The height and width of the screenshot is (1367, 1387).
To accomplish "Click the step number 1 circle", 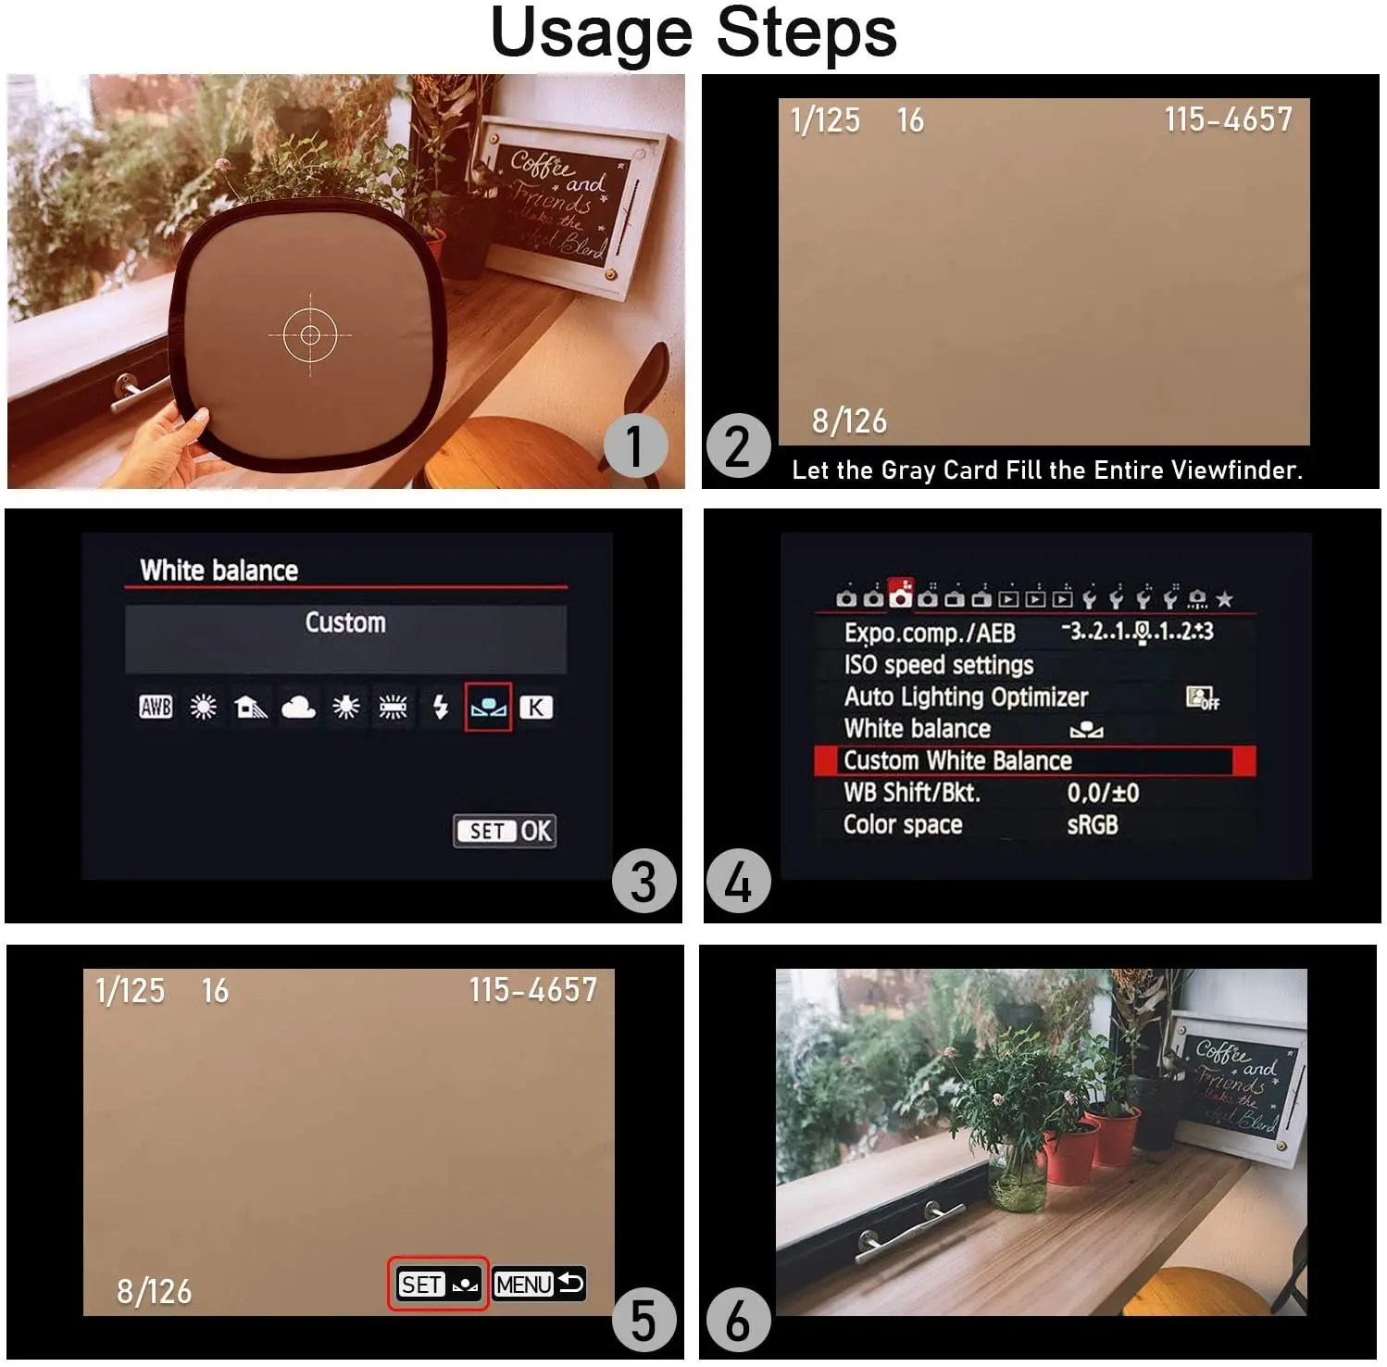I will pyautogui.click(x=635, y=445).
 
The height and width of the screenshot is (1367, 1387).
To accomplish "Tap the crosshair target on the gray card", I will pyautogui.click(x=310, y=334).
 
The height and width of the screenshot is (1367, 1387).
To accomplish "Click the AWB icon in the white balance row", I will pyautogui.click(x=156, y=708).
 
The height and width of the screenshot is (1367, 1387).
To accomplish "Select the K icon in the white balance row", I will pyautogui.click(x=535, y=708).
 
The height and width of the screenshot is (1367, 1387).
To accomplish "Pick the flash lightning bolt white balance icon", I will pyautogui.click(x=441, y=708).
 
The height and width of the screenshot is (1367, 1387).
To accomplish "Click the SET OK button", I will pyautogui.click(x=506, y=831).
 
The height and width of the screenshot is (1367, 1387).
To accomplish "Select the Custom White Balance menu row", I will pyautogui.click(x=1033, y=760).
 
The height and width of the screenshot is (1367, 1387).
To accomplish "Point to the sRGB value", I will pyautogui.click(x=1093, y=824).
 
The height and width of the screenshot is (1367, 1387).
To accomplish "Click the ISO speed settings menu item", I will pyautogui.click(x=938, y=665).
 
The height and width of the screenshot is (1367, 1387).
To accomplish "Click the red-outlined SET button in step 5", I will pyautogui.click(x=438, y=1284).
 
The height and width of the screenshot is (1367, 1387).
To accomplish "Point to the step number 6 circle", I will pyautogui.click(x=738, y=1319).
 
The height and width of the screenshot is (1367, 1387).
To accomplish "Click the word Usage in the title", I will pyautogui.click(x=591, y=33).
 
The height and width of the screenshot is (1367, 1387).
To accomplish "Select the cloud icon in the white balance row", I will pyautogui.click(x=298, y=708).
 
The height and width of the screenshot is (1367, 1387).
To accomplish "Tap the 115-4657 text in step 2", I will pyautogui.click(x=1228, y=119).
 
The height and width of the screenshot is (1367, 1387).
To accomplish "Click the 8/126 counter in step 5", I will pyautogui.click(x=154, y=1291).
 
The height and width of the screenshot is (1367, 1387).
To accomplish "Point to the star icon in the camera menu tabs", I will pyautogui.click(x=1224, y=599).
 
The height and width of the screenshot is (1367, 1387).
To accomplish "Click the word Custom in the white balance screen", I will pyautogui.click(x=345, y=622).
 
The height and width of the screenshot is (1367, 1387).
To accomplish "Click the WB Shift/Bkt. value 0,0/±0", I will pyautogui.click(x=1103, y=793).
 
